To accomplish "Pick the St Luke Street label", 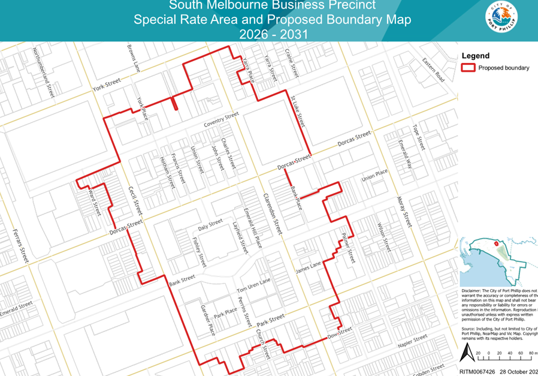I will (298, 110).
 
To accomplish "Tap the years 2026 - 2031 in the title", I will (273, 34).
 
